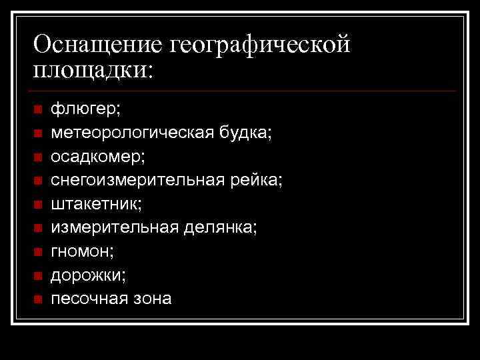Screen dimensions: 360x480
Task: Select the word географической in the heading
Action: (261, 46)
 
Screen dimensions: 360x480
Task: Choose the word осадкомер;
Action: (98, 156)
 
